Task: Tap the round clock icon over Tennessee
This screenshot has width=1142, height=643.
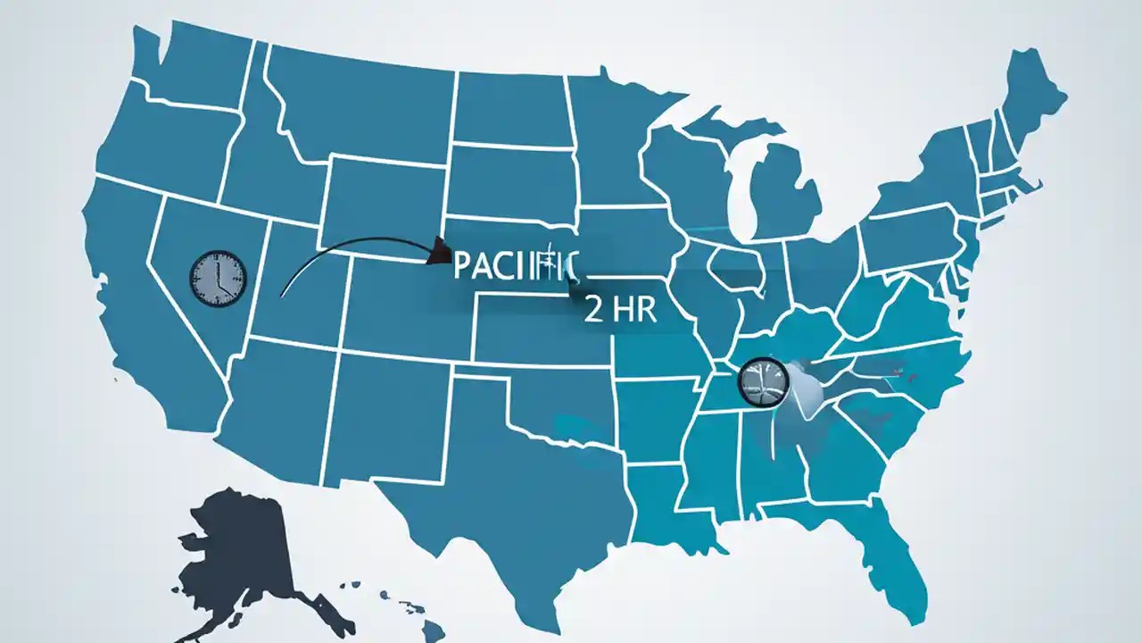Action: (x=765, y=380)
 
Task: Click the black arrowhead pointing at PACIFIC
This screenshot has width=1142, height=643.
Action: (x=439, y=252)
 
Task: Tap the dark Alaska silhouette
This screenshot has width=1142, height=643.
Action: (x=241, y=554)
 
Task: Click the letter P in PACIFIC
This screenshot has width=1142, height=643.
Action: (x=462, y=265)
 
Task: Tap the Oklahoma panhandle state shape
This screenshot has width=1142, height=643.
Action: (x=535, y=402)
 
